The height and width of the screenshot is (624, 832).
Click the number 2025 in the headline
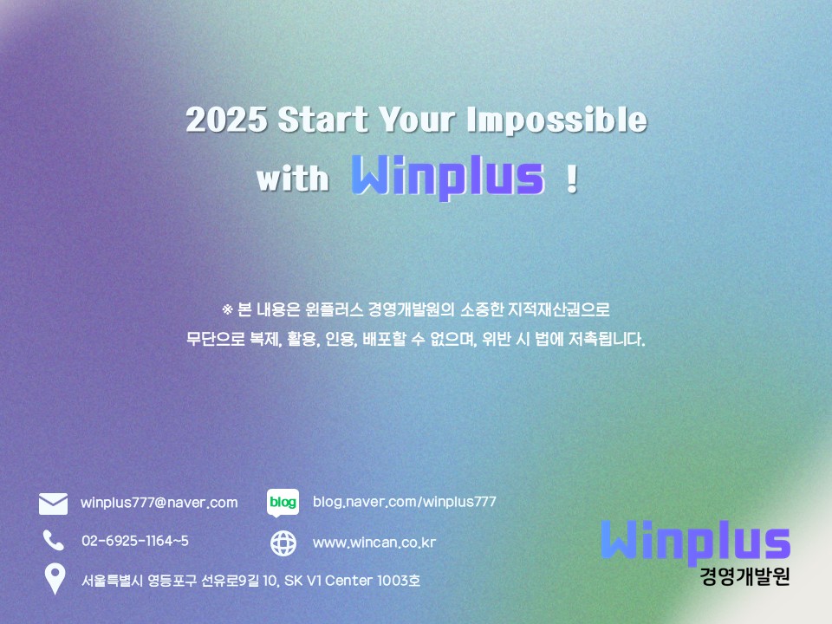pos(226,119)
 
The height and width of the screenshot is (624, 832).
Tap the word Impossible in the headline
pos(557,119)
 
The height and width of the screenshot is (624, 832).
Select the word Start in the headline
pos(322,119)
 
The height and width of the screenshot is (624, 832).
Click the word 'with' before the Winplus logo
pos(292,178)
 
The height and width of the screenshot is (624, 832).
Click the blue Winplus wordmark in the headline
pos(448,177)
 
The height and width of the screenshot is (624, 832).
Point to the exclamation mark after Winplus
pos(571,179)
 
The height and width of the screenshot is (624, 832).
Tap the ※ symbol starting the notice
pos(227,309)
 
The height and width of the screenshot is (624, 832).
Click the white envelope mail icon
pos(53,504)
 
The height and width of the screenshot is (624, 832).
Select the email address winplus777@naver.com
pos(159,503)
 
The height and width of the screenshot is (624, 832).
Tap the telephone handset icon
pos(53,541)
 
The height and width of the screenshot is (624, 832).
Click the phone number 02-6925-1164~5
pos(135,541)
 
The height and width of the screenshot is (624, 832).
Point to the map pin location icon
pos(55,578)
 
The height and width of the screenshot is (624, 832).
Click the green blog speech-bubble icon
pos(283,503)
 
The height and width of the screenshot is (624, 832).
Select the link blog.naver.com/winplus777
pos(405,502)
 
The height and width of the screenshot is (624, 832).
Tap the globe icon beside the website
pos(283,543)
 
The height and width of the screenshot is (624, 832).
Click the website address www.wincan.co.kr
pos(374,543)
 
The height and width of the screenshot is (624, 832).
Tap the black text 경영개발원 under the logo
pos(745,576)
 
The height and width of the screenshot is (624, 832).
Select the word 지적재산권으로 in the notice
pos(559,309)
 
